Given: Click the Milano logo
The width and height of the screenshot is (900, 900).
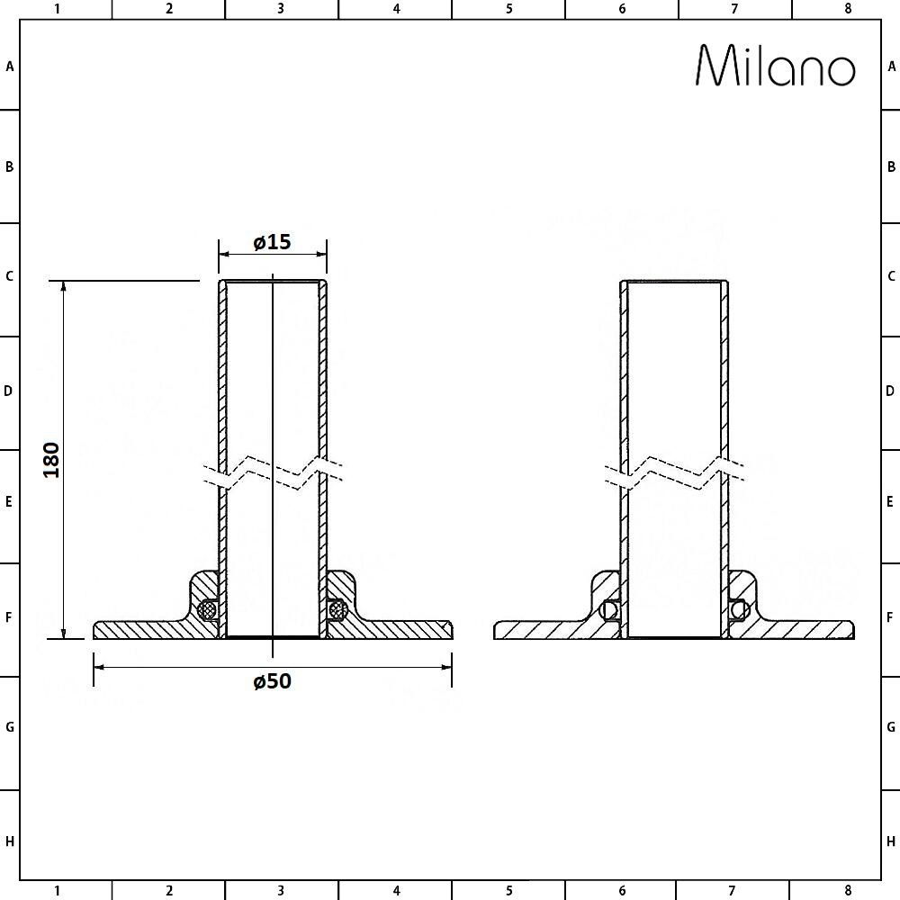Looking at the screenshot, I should (776, 66).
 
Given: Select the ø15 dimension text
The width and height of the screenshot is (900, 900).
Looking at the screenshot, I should (272, 242).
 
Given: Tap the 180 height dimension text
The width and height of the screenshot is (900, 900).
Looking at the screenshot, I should (51, 460).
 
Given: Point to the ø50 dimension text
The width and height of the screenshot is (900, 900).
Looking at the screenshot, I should (272, 681).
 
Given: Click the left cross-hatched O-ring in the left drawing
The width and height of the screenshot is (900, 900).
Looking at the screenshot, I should (209, 609).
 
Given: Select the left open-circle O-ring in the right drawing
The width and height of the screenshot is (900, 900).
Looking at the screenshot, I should (610, 609).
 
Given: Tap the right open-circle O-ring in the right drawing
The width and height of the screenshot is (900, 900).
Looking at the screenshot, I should (739, 609).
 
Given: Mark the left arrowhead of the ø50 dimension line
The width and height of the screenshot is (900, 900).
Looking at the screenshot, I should (100, 667).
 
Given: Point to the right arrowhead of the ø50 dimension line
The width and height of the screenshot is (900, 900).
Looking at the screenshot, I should (445, 667).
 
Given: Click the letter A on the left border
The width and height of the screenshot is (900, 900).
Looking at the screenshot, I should (10, 66).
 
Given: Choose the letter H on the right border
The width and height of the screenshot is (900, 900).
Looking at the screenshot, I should (891, 841).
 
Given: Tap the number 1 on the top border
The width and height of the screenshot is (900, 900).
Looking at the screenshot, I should (57, 9).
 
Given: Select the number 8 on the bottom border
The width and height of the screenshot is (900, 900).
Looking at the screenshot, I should (847, 891).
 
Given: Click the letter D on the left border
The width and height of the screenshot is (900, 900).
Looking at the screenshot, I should (10, 391).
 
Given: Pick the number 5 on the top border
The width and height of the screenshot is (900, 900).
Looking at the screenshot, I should (509, 9).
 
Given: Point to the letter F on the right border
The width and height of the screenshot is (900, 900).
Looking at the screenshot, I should (891, 618).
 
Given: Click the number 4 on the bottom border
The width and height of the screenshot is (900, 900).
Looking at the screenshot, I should (396, 891).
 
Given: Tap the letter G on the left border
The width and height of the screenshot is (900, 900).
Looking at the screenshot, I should (10, 726).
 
